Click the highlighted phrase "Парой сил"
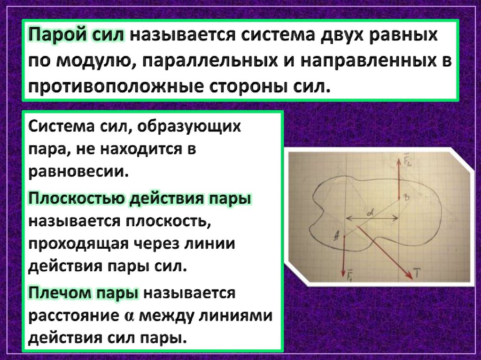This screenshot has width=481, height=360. coord(78,36)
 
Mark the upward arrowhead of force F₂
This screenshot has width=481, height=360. coord(399,158)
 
